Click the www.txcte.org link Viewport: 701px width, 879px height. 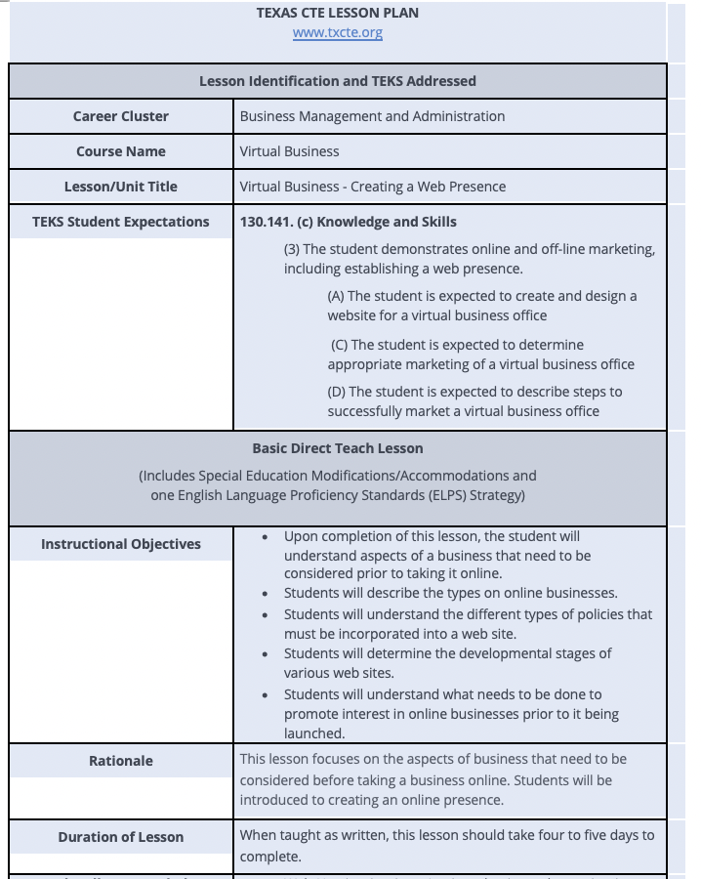pyautogui.click(x=338, y=32)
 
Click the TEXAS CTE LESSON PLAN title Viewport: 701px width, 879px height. pyautogui.click(x=338, y=13)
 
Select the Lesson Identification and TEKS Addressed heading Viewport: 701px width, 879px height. pyautogui.click(x=338, y=81)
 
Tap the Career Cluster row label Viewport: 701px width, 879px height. pyautogui.click(x=121, y=116)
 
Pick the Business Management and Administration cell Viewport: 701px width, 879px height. pyautogui.click(x=372, y=116)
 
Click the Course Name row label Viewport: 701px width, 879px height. pyautogui.click(x=121, y=151)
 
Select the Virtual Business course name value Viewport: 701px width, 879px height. pyautogui.click(x=290, y=151)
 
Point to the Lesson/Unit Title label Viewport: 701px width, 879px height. pyautogui.click(x=121, y=187)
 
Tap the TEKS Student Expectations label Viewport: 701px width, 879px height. pyautogui.click(x=121, y=222)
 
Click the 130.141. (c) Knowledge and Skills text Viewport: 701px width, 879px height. pyautogui.click(x=349, y=222)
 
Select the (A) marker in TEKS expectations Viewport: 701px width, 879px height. pyautogui.click(x=336, y=296)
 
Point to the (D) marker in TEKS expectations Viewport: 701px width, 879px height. pyautogui.click(x=337, y=392)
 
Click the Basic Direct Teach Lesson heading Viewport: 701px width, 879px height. pyautogui.click(x=338, y=448)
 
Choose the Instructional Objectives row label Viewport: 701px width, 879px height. pyautogui.click(x=121, y=544)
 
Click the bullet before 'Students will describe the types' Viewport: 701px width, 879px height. pyautogui.click(x=267, y=594)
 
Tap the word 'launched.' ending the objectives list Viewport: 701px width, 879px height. pyautogui.click(x=314, y=732)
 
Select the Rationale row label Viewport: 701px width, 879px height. pyautogui.click(x=121, y=761)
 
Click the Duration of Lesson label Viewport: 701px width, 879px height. pyautogui.click(x=121, y=837)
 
